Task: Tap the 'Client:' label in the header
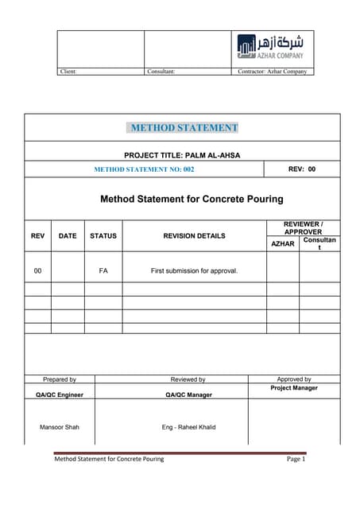[69, 72]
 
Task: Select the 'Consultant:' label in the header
[161, 72]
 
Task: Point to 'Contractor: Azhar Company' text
[272, 72]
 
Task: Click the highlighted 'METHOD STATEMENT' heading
[184, 127]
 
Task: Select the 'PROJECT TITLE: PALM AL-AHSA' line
[183, 154]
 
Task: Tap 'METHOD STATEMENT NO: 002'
[144, 169]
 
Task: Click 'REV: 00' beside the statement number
[301, 169]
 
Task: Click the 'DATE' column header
[68, 236]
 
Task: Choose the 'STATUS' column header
[103, 236]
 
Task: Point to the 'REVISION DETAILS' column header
[194, 236]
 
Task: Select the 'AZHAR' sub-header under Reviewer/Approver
[283, 243]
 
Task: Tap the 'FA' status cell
[103, 271]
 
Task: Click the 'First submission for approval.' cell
[194, 271]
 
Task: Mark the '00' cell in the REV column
[37, 271]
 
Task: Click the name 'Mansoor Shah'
[60, 428]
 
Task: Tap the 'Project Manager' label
[294, 389]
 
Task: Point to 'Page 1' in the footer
[296, 460]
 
